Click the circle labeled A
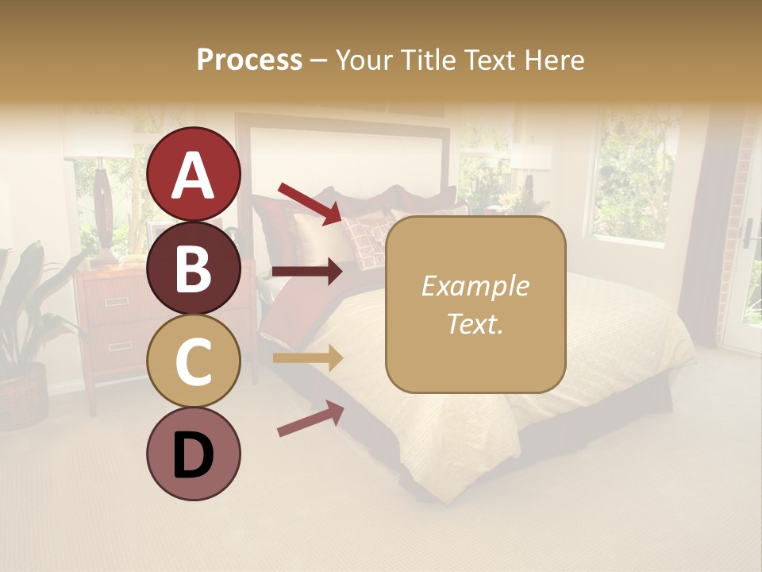click(194, 174)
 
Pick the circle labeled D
click(194, 454)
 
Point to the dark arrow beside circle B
click(307, 272)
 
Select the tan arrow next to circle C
click(307, 358)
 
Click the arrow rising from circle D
click(310, 419)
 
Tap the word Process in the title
click(249, 60)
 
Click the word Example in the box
click(475, 286)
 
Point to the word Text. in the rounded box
click(475, 323)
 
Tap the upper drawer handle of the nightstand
click(117, 302)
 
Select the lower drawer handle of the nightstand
click(120, 346)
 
